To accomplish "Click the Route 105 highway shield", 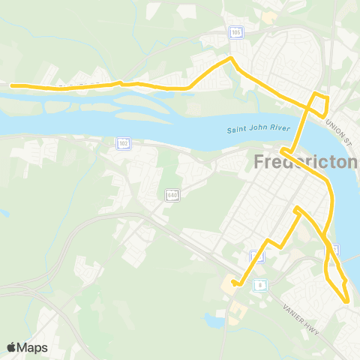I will (x=236, y=33).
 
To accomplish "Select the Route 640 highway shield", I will (x=172, y=195).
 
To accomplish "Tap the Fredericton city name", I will (x=306, y=162).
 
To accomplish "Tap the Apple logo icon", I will (x=12, y=347).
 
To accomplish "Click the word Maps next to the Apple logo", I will (x=33, y=347).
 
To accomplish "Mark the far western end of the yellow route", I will (x=12, y=85).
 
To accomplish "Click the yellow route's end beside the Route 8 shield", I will (x=234, y=283).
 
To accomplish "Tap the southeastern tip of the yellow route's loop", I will (x=347, y=301).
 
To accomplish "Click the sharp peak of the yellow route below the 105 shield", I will (x=231, y=58).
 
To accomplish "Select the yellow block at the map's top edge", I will (x=268, y=16).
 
